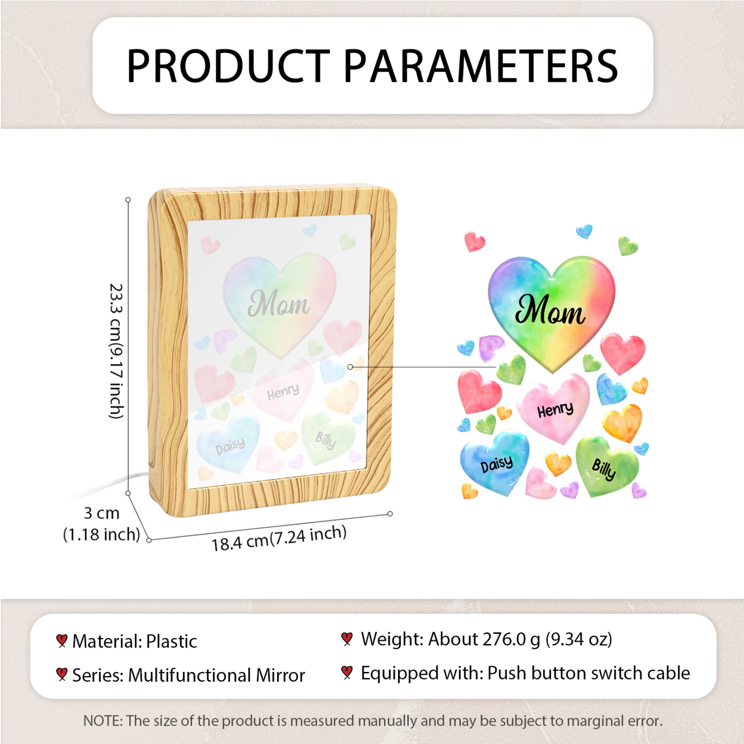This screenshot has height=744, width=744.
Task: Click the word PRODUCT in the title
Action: pos(228,66)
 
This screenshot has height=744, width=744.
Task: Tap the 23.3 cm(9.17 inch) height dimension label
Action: pos(116,351)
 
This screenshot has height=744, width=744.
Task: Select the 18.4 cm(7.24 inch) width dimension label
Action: pos(279,538)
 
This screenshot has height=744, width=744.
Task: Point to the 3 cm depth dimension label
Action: pos(101,523)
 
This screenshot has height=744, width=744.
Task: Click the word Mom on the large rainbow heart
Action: pos(550,310)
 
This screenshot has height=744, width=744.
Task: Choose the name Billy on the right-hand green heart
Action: pos(603,469)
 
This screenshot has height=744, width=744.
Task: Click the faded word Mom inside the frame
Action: pos(279,304)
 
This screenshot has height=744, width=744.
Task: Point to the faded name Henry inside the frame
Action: pos(283,392)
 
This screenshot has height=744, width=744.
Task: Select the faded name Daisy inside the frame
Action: pos(230,446)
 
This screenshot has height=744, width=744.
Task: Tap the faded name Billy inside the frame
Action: pos(325,440)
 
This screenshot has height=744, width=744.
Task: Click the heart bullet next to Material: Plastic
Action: pos(62,641)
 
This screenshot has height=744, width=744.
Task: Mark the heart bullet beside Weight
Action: pos(347,639)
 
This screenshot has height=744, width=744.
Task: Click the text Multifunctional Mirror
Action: pos(216,675)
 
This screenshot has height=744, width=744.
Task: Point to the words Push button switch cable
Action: pos(589,673)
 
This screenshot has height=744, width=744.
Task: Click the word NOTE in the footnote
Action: pos(102,721)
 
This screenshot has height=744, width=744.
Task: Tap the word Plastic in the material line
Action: pos(171,642)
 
